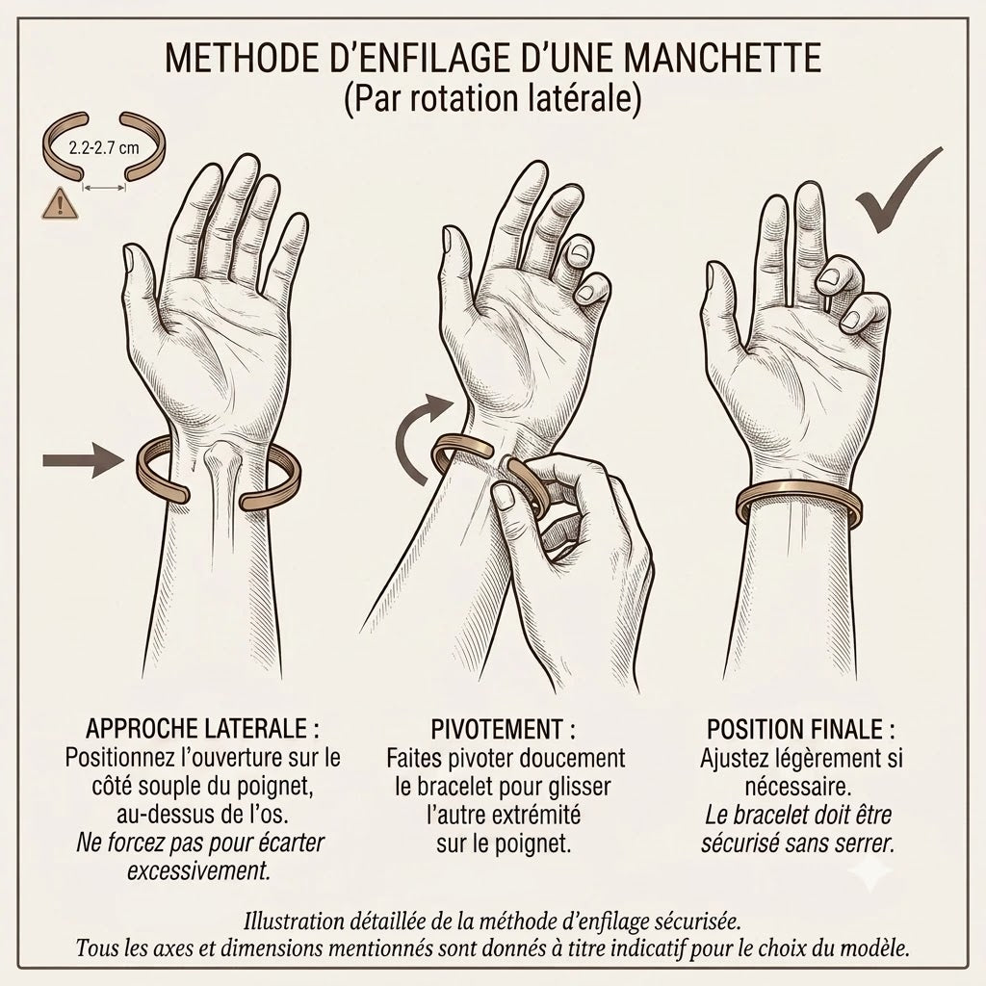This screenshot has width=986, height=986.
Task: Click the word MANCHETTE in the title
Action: point(724,58)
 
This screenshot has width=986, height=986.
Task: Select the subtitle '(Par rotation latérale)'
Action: point(493,98)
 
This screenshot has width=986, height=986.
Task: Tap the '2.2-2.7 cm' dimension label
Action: point(104,148)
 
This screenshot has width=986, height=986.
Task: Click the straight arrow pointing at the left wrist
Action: point(83,461)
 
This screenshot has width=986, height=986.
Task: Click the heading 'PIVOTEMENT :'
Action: point(503,730)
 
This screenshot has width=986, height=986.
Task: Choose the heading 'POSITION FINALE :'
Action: point(801,730)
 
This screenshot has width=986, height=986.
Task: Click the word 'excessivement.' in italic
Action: point(198,871)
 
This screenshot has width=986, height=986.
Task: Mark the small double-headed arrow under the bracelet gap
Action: point(104,187)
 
